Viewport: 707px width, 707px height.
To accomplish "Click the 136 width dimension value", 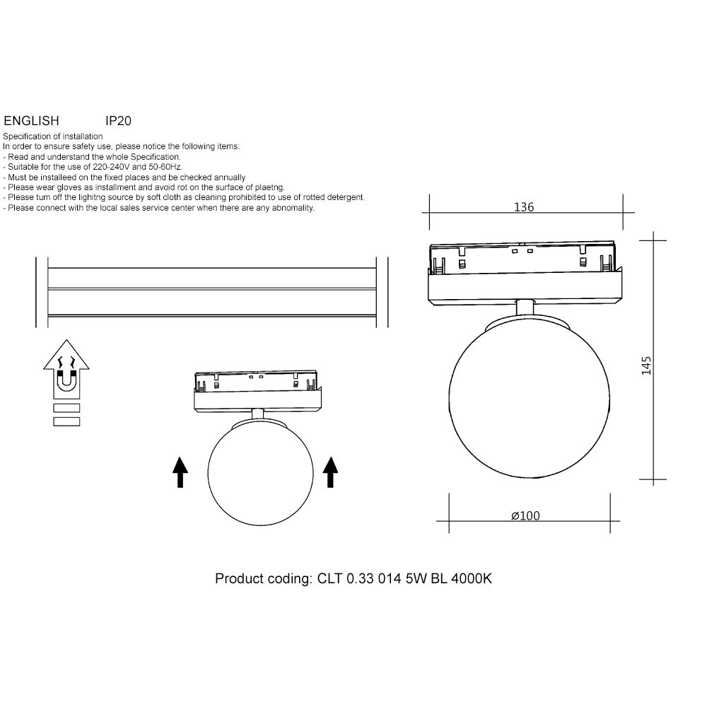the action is tap(523, 207).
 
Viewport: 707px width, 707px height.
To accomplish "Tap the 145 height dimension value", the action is tap(646, 366).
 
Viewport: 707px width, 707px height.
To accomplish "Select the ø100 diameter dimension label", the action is tap(525, 515).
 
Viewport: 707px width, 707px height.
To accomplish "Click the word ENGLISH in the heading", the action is tap(32, 121).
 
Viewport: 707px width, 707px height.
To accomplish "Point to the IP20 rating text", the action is tap(118, 121).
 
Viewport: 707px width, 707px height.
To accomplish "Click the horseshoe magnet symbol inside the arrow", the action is tap(66, 381).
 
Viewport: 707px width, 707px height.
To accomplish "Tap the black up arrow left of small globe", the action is tap(180, 472).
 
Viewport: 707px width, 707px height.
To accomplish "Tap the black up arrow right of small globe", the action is tap(330, 472).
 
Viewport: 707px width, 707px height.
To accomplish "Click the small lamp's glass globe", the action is tap(261, 472).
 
